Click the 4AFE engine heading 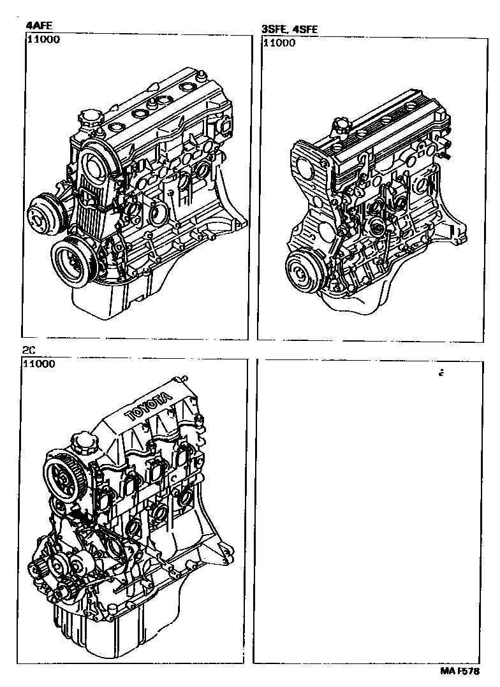point(39,25)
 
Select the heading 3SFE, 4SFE point(290,29)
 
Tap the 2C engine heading point(28,350)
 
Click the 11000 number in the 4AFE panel point(43,40)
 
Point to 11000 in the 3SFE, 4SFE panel point(279,43)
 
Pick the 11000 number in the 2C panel point(39,364)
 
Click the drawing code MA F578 point(460,671)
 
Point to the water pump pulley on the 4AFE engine point(46,214)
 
